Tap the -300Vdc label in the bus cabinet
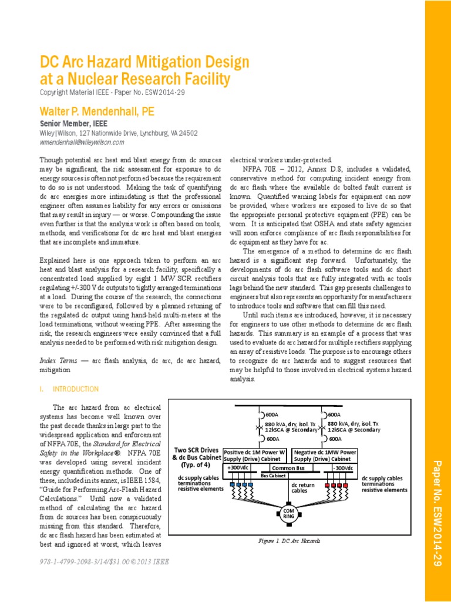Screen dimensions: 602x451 342,467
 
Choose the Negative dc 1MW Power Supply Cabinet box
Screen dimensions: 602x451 324,456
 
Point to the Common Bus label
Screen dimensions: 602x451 287,468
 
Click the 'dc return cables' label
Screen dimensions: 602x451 304,487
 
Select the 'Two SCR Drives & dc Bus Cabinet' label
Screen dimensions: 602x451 196,457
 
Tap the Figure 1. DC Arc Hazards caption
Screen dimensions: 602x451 289,540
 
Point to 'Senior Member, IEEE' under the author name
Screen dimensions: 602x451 73,124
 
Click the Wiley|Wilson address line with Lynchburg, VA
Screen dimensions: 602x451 119,133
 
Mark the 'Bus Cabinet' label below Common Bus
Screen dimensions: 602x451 273,474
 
